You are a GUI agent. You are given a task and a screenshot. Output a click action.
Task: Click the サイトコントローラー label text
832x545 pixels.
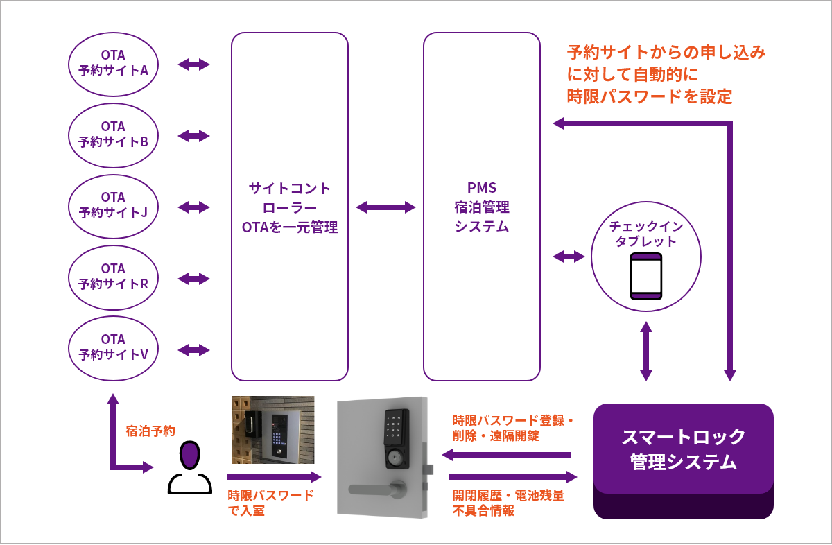[x=290, y=198]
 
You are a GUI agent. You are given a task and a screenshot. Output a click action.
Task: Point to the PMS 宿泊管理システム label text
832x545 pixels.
[x=482, y=207]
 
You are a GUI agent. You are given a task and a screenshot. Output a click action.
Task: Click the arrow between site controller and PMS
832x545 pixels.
[x=385, y=207]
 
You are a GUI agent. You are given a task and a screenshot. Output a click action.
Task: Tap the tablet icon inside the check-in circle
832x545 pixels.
[x=646, y=276]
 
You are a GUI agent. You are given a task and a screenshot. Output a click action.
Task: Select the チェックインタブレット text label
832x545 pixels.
[x=646, y=234]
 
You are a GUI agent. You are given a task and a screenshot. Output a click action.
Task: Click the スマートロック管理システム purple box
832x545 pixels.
[x=684, y=460]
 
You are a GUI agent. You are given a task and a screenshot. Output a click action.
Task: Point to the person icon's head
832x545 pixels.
[x=190, y=456]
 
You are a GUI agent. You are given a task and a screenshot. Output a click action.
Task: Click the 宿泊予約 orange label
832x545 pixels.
[x=150, y=431]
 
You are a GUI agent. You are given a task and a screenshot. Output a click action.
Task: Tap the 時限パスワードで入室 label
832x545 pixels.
[x=271, y=503]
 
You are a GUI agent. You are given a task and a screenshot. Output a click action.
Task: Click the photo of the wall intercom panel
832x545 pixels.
[x=273, y=430]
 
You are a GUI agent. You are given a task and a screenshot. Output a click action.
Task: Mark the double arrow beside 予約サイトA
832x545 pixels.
[x=194, y=64]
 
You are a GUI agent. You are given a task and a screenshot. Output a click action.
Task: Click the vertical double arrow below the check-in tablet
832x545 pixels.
[x=646, y=351]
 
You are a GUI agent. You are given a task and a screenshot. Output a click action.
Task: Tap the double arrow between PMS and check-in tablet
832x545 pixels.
[x=569, y=257]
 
